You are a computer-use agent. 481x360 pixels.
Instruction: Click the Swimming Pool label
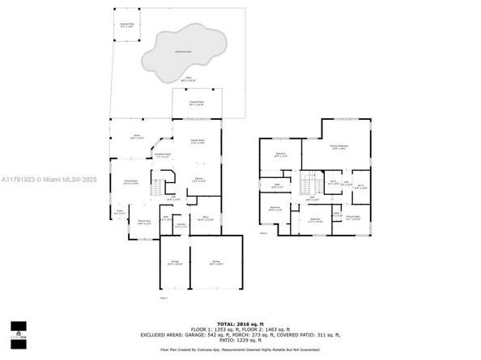(183, 52)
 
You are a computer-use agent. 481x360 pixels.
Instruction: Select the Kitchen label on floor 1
(198, 180)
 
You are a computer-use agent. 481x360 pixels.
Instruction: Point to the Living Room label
(130, 182)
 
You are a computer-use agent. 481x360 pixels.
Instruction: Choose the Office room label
(206, 218)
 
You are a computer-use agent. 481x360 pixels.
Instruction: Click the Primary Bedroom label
(338, 147)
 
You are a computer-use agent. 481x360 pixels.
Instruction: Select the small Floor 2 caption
(263, 233)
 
